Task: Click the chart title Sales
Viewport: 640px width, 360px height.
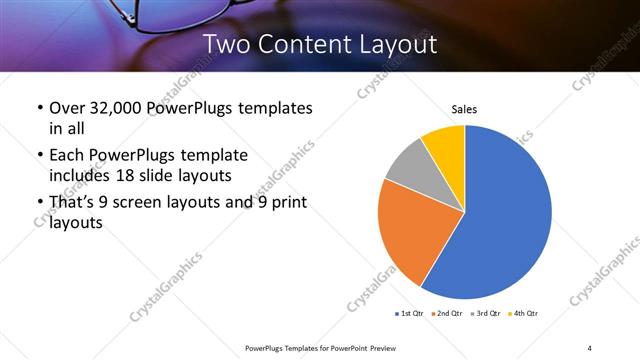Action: (x=464, y=108)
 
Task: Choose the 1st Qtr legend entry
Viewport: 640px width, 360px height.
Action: (x=409, y=314)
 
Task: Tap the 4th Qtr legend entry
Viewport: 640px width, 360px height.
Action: (x=526, y=314)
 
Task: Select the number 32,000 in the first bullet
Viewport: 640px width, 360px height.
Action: (x=115, y=107)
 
